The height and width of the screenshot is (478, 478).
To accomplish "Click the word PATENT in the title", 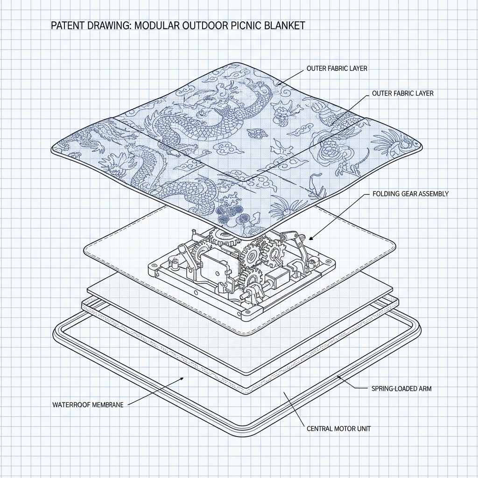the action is point(68,25).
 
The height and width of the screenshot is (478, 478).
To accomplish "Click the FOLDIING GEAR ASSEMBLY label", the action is point(410,194).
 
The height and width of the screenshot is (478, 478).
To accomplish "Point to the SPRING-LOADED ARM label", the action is point(401,389).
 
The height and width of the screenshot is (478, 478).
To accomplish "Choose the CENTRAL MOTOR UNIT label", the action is point(338,429).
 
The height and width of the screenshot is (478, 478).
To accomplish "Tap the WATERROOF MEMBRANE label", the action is point(88,405).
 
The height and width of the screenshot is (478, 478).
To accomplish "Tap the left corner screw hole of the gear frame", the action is point(153,270).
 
